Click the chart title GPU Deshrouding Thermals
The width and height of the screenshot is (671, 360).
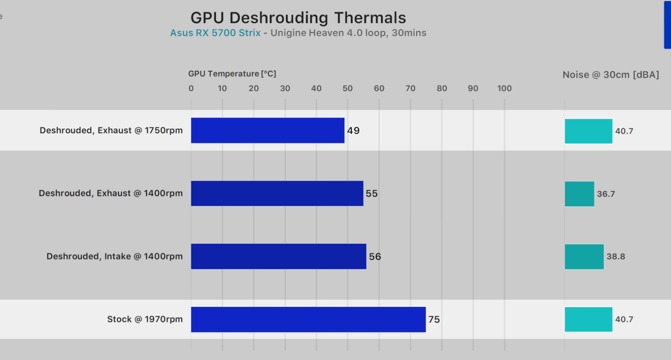pyautogui.click(x=298, y=18)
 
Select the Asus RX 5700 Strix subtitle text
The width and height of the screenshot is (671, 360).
pyautogui.click(x=215, y=33)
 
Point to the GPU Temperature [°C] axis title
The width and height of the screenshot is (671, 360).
pyautogui.click(x=232, y=74)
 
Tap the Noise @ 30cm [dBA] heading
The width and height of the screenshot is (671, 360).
pyautogui.click(x=611, y=75)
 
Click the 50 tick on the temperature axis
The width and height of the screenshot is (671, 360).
pyautogui.click(x=348, y=88)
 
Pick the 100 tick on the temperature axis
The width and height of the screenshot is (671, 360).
pyautogui.click(x=504, y=88)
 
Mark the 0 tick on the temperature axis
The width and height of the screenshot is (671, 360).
pyautogui.click(x=191, y=88)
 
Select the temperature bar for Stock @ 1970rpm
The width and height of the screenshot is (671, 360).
pyautogui.click(x=308, y=320)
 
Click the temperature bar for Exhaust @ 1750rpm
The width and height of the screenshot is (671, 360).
pyautogui.click(x=268, y=131)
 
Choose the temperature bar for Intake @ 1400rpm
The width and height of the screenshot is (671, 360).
pyautogui.click(x=279, y=256)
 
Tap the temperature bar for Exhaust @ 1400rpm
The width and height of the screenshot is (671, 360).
pyautogui.click(x=277, y=193)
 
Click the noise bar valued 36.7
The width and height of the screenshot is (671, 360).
pyautogui.click(x=579, y=194)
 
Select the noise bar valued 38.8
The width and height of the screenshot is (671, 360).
pyautogui.click(x=584, y=257)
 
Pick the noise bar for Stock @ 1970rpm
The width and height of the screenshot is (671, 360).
pyautogui.click(x=588, y=320)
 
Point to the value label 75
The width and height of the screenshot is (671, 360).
pyautogui.click(x=434, y=320)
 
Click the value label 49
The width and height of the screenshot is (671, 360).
pyautogui.click(x=353, y=131)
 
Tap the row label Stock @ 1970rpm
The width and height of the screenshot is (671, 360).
pyautogui.click(x=145, y=319)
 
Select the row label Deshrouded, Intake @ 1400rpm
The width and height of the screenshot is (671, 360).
pyautogui.click(x=115, y=256)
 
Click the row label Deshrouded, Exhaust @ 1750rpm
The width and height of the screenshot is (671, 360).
pyautogui.click(x=111, y=131)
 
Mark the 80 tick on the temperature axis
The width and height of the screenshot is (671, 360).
pyautogui.click(x=442, y=88)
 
